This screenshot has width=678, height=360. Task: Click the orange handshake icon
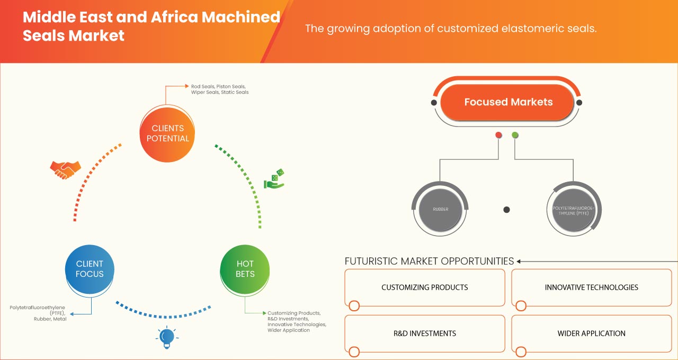(x=65, y=169)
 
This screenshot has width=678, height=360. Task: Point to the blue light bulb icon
(x=167, y=337)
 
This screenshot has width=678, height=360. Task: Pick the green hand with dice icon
(x=274, y=179)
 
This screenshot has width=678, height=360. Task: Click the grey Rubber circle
(x=440, y=210)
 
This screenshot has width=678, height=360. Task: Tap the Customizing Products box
(x=425, y=287)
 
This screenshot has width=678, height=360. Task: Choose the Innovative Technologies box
(x=591, y=287)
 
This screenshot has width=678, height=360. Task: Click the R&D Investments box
(x=425, y=334)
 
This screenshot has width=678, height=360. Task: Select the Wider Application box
(x=591, y=334)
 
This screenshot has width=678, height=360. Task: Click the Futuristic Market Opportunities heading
(x=429, y=261)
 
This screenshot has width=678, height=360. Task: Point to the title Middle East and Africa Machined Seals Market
(x=151, y=26)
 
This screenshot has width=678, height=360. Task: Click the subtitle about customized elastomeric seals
(x=451, y=29)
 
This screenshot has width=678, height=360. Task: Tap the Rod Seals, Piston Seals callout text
(x=218, y=89)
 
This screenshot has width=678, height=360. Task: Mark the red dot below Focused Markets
(x=498, y=136)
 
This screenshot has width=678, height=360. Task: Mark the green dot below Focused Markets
(x=515, y=136)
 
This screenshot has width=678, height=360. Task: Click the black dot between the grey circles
(x=506, y=210)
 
